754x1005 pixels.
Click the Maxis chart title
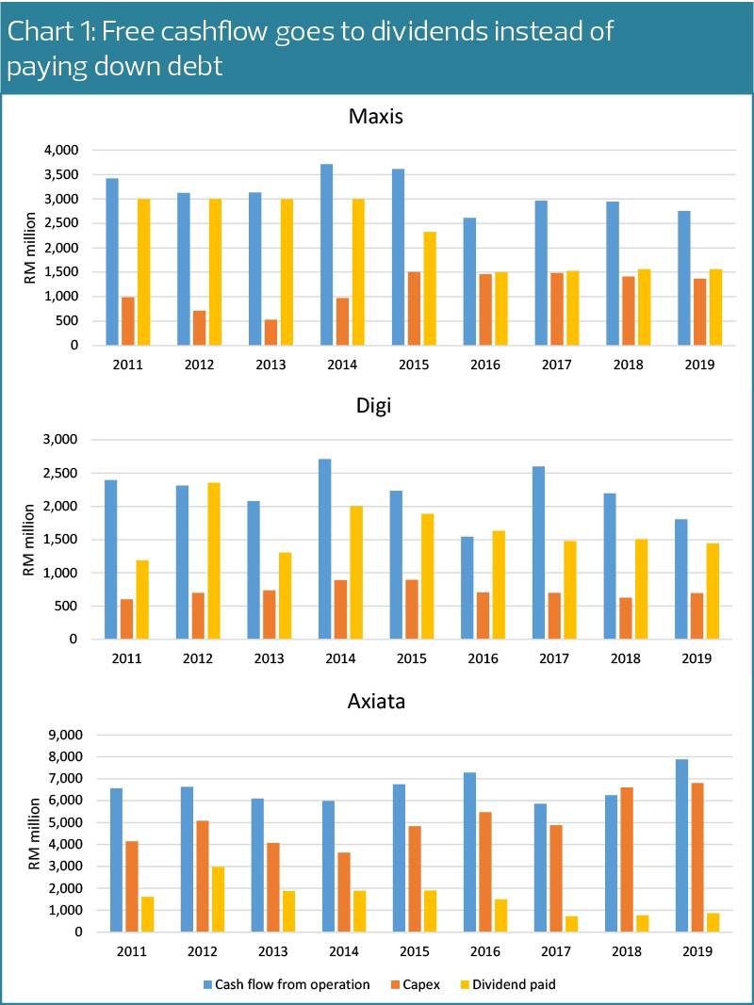pos(376,118)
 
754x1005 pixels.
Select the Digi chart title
pos(376,411)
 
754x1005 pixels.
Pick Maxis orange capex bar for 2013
pos(271,332)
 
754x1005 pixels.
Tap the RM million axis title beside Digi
pos(29,539)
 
